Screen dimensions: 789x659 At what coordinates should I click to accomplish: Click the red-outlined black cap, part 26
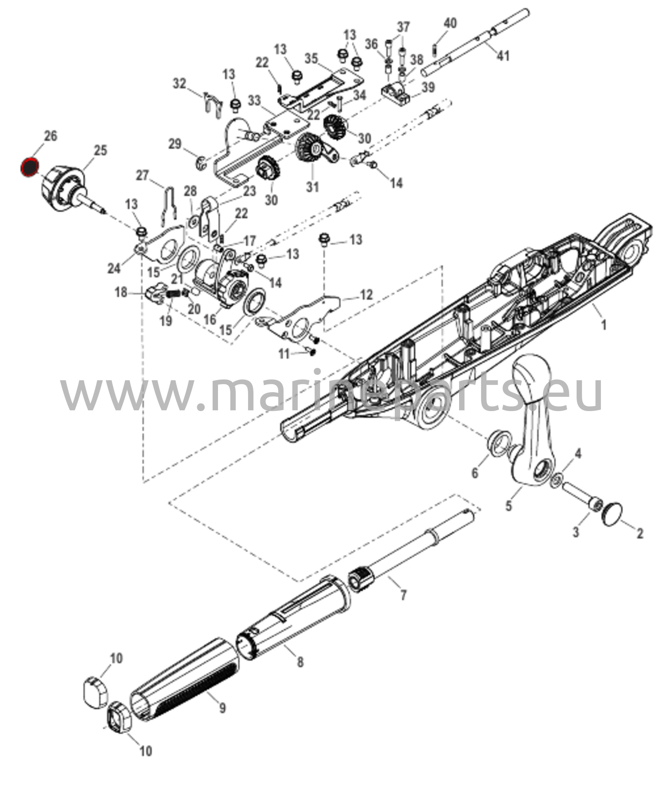(x=30, y=167)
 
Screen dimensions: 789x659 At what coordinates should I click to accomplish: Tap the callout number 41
(x=503, y=56)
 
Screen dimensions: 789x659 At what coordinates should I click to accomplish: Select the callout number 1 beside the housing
(x=604, y=325)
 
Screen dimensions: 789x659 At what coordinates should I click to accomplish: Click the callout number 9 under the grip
(x=222, y=708)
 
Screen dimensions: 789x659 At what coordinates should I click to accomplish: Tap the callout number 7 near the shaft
(x=403, y=606)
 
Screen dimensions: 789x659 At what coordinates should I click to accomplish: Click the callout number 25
(x=100, y=150)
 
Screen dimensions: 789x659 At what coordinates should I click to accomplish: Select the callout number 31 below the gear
(x=312, y=187)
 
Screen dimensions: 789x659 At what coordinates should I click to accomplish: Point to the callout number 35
(x=311, y=59)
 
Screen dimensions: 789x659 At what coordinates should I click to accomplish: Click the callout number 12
(x=366, y=295)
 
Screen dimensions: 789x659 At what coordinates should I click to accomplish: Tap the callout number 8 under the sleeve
(x=300, y=662)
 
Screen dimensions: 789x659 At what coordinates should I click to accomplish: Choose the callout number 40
(x=450, y=23)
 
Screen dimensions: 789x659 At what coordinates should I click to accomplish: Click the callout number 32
(x=179, y=84)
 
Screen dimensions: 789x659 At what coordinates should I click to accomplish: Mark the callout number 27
(x=142, y=175)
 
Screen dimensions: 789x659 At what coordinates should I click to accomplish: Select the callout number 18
(x=121, y=292)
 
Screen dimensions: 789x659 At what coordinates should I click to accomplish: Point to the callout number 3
(x=576, y=533)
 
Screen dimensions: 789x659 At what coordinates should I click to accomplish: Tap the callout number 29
(x=175, y=144)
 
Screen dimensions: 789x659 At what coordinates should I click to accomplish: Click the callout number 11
(x=284, y=354)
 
